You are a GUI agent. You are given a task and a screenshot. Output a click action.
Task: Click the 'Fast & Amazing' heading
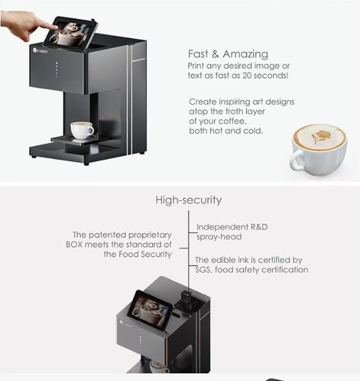pos(228,54)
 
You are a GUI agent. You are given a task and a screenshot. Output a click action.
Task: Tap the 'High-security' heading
pos(188,200)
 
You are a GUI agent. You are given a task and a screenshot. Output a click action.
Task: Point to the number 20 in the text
pos(247,75)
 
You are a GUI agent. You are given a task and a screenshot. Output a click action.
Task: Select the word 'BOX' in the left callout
pos(74,245)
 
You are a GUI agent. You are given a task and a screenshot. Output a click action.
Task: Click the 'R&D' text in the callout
pos(259,227)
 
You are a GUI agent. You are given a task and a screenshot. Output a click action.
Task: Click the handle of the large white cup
pos(297,160)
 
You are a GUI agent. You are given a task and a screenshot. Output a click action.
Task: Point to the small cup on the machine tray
pos(82,130)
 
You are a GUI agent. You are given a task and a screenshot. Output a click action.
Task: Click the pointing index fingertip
pos(55,27)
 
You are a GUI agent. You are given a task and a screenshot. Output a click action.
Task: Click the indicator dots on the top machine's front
pos(57,69)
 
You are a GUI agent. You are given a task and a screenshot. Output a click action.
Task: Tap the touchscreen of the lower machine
pos(149,310)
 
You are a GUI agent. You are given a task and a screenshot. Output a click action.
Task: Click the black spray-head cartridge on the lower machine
pos(186,297)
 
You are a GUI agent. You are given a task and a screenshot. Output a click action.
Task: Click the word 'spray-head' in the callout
pos(219,237)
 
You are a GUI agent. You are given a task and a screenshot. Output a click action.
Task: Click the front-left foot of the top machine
pos(86,164)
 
